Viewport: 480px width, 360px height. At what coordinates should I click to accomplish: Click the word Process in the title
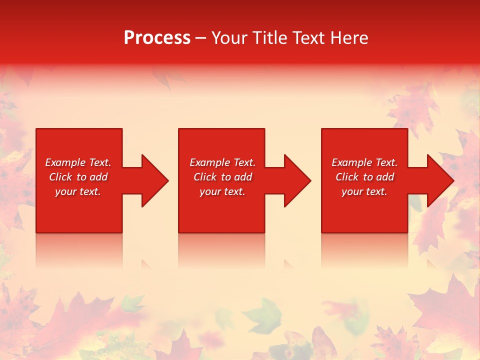click(157, 37)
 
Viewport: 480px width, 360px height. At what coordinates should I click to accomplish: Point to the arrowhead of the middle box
click(296, 180)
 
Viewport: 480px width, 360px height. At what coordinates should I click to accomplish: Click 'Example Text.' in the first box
click(78, 162)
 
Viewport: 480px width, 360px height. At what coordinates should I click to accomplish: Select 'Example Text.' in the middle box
click(222, 162)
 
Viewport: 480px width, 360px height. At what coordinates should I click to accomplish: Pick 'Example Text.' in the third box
click(364, 162)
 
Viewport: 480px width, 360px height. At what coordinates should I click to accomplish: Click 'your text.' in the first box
click(78, 191)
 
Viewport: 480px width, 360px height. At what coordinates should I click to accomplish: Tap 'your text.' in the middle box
click(222, 191)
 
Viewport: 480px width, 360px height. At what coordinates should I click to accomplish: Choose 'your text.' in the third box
click(364, 191)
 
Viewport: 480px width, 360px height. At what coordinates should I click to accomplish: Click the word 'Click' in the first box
click(61, 177)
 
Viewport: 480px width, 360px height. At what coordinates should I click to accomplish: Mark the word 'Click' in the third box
click(347, 177)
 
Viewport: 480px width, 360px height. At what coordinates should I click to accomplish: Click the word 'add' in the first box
click(99, 177)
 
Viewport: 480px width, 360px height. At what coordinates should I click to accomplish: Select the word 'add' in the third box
click(385, 177)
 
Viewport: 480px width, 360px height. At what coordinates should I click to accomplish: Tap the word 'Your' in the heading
click(228, 37)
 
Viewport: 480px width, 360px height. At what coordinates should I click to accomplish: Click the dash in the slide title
click(200, 38)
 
